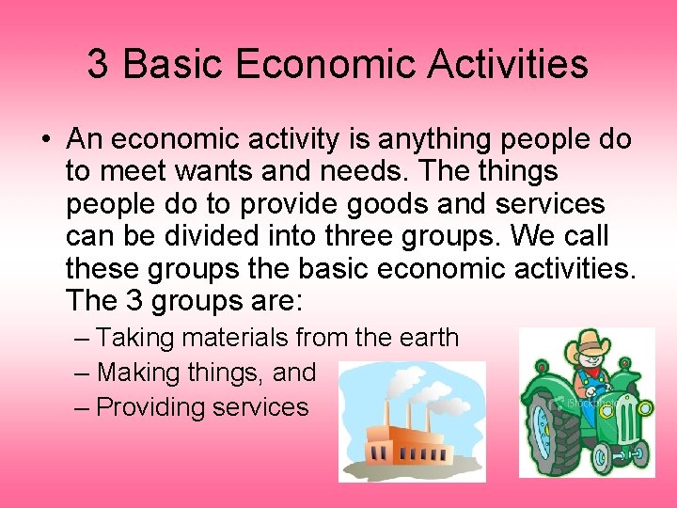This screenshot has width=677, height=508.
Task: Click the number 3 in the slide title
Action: (x=98, y=64)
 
